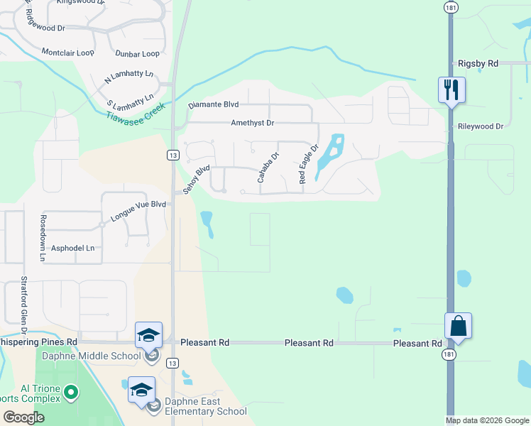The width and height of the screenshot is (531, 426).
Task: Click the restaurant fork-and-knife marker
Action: coord(451,90)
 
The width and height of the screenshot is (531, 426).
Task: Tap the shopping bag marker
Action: coord(459,327)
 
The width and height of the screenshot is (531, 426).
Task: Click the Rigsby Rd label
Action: coord(478,63)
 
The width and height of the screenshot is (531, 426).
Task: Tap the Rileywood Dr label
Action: coord(480,126)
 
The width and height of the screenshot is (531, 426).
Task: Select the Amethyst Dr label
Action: coord(252,123)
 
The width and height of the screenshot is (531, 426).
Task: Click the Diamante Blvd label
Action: coord(213,105)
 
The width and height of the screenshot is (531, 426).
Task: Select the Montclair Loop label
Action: coord(68,53)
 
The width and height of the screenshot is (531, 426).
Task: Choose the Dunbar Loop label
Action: coord(136,54)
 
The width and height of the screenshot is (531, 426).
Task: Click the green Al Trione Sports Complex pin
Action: coord(70,392)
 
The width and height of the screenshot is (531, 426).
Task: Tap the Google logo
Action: coord(23,417)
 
